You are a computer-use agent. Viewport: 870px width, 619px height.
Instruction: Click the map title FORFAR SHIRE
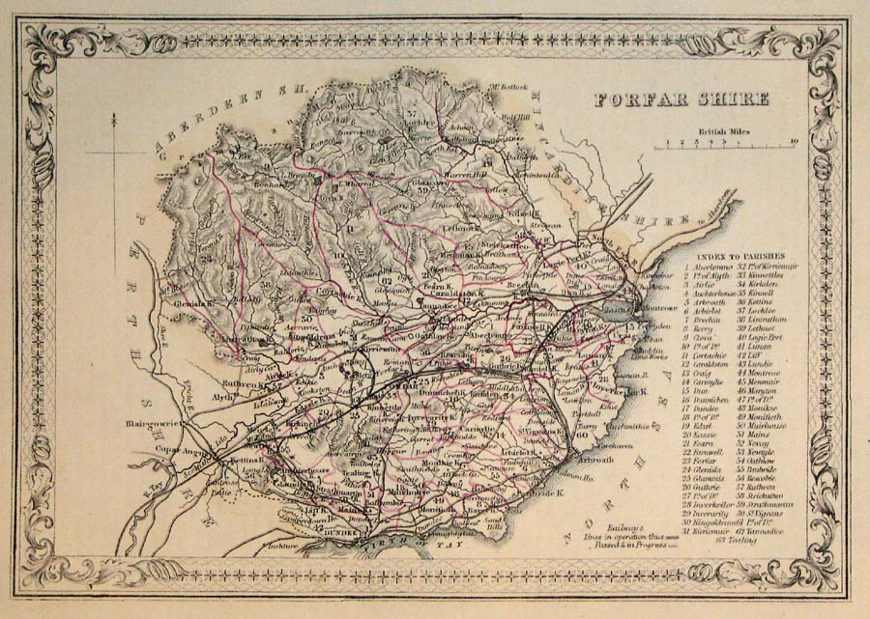(681, 98)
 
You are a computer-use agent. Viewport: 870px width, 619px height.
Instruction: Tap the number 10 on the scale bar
(793, 143)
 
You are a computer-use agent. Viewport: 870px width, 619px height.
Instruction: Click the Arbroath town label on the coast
(596, 460)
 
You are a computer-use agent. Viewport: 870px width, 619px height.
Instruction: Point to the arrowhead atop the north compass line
(114, 117)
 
